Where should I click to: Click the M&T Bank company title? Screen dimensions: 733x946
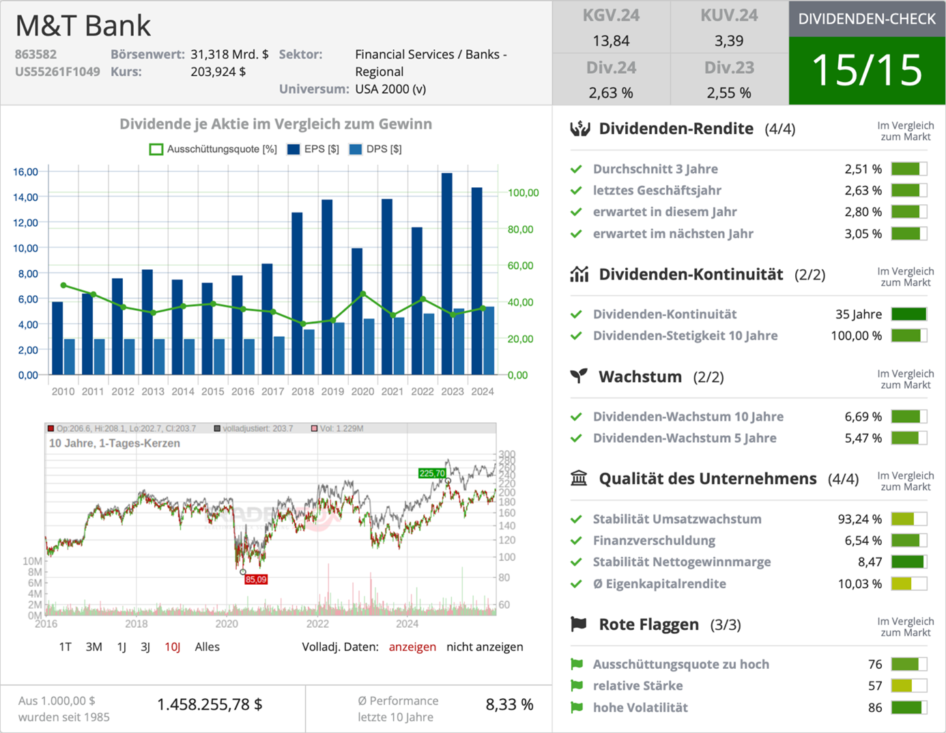(83, 26)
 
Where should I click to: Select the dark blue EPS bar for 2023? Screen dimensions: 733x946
(447, 273)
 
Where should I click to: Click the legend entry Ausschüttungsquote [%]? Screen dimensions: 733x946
(214, 149)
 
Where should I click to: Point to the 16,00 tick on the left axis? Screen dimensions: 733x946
(26, 171)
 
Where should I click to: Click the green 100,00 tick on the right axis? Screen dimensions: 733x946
(523, 193)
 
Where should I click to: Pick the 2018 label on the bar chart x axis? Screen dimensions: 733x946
(302, 391)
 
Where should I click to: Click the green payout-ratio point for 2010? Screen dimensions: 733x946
(63, 286)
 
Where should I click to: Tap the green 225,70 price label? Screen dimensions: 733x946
(432, 473)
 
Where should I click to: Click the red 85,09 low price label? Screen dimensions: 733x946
(256, 579)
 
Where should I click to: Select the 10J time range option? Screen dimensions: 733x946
(172, 647)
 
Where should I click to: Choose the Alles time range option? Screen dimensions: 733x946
(207, 647)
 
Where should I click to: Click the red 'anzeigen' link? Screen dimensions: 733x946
(412, 647)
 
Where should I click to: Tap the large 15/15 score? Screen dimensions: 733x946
(867, 70)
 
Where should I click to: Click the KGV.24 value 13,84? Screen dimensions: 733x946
(611, 41)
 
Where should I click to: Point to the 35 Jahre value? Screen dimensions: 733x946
(858, 314)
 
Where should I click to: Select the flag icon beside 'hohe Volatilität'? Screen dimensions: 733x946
(577, 707)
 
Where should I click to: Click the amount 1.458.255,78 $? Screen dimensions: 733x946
(210, 704)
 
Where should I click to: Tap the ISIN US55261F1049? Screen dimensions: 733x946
(57, 72)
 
